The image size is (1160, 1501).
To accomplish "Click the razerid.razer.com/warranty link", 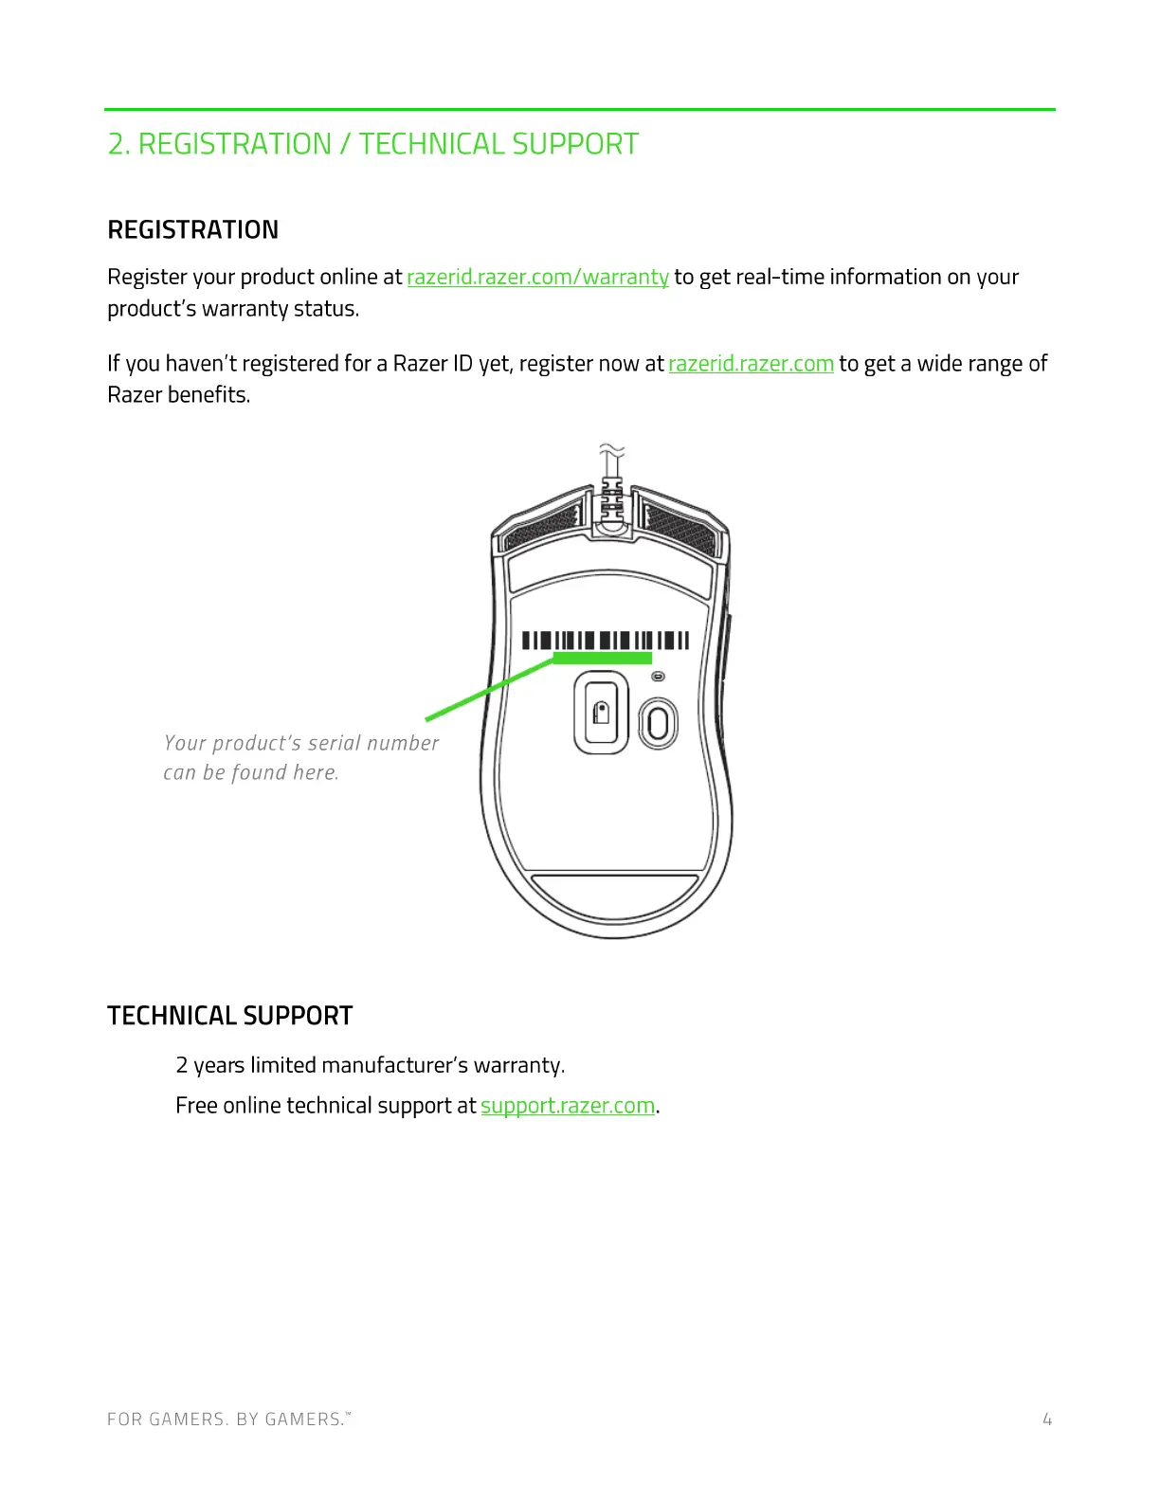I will click(x=537, y=277).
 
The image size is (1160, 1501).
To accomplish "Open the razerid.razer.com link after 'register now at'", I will click(x=751, y=364).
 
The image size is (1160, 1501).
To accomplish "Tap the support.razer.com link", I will click(x=568, y=1106).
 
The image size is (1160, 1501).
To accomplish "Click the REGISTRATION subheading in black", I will click(x=193, y=230).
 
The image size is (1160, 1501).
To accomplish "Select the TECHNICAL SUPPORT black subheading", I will click(x=230, y=1016).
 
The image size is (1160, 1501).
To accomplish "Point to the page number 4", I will click(x=1047, y=1419).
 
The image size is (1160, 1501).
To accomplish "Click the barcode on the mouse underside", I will click(x=606, y=640).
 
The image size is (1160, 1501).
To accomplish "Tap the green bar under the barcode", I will click(x=603, y=658).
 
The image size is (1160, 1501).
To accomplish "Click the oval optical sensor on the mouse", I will click(x=658, y=724).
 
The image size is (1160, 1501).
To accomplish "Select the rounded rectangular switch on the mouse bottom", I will click(x=601, y=713).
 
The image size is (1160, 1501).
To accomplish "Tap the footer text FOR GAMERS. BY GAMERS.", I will click(x=227, y=1419).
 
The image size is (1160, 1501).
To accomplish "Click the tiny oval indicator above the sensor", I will click(x=659, y=677).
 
